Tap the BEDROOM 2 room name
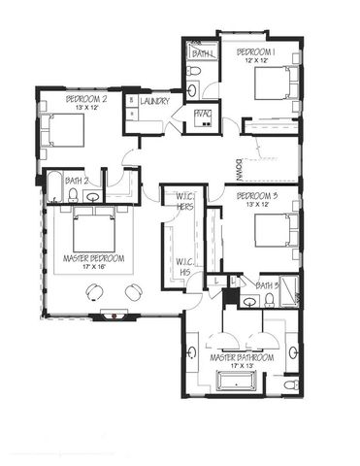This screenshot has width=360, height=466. (x=85, y=99)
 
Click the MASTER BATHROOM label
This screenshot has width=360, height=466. (x=242, y=357)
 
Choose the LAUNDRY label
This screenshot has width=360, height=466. (x=155, y=101)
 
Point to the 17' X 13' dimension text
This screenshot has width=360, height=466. (x=242, y=367)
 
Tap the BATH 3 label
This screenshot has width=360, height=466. (x=268, y=285)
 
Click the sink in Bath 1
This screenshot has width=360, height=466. (x=192, y=90)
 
